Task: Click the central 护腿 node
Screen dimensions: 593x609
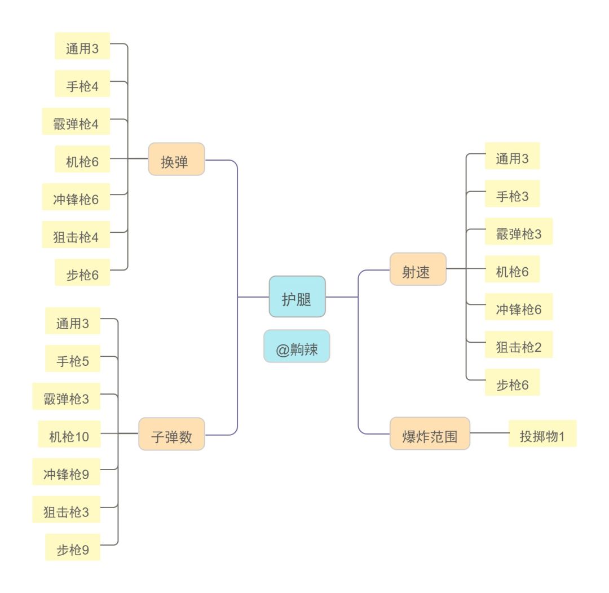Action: point(297,296)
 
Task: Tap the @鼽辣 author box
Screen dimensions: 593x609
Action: point(297,346)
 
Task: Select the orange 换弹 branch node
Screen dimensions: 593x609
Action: point(176,159)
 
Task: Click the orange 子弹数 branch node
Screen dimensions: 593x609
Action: point(171,433)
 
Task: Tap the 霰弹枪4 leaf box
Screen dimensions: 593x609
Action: point(76,121)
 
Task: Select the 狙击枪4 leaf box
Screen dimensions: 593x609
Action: point(76,234)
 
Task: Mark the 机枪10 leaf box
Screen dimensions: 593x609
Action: point(69,434)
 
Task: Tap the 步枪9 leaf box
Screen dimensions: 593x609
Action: point(73,547)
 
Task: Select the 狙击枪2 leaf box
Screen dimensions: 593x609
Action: point(518,344)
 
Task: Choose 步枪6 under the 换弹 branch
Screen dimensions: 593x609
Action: point(82,272)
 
